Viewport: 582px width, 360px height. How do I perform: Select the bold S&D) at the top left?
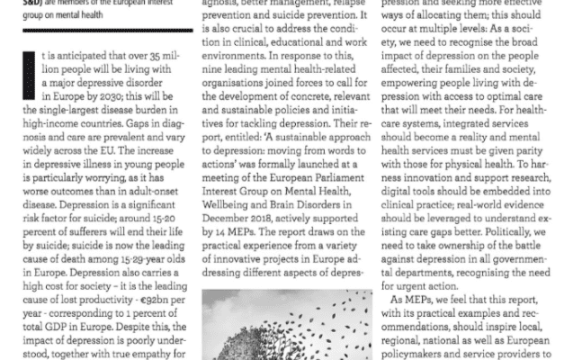click(17, 3)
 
